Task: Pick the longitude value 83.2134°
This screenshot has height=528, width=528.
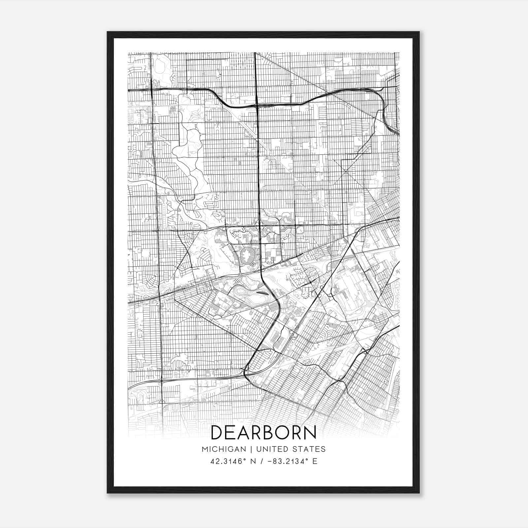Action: coord(291,461)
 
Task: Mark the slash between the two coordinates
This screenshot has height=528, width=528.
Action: coord(262,461)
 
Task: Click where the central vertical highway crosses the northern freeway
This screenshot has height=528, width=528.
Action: coord(257,105)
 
